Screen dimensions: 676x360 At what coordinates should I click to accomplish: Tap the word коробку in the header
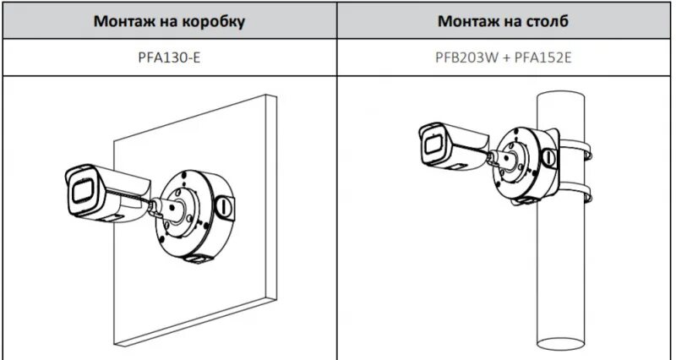pyautogui.click(x=215, y=21)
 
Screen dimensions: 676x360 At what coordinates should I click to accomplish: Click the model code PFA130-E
pyautogui.click(x=169, y=59)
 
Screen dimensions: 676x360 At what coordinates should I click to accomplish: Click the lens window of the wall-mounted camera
pyautogui.click(x=84, y=190)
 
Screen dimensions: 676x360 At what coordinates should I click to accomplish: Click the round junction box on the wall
pyautogui.click(x=190, y=215)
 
